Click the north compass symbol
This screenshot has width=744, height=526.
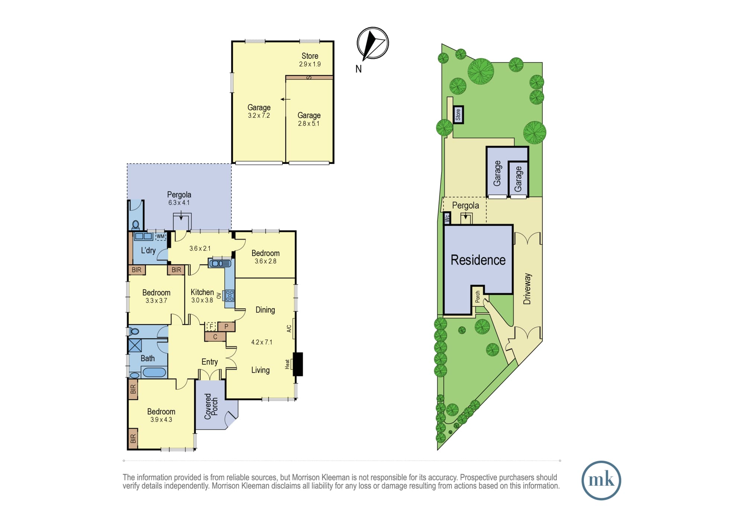click(x=373, y=43)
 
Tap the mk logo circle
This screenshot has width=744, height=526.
click(x=601, y=480)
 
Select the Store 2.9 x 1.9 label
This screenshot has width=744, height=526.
click(x=310, y=60)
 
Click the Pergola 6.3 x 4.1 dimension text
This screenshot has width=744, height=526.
click(x=179, y=203)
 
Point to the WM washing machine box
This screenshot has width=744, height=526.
click(x=160, y=236)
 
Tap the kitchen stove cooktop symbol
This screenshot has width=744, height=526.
click(x=230, y=295)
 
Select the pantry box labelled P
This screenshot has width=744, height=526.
click(x=226, y=327)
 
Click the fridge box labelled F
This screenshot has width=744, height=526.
click(x=211, y=327)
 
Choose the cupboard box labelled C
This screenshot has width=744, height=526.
click(x=215, y=337)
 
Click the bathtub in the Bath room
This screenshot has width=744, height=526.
click(x=154, y=372)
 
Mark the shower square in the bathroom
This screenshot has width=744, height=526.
click(x=135, y=345)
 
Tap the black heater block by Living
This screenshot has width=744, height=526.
click(x=298, y=364)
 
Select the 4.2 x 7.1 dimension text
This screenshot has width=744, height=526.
click(x=262, y=342)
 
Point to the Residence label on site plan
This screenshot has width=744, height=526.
click(x=478, y=260)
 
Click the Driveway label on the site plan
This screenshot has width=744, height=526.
click(x=527, y=289)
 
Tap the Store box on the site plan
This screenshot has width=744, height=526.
click(x=458, y=115)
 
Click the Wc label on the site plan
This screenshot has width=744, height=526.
click(x=447, y=218)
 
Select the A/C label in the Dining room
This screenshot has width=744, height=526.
click(x=289, y=328)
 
